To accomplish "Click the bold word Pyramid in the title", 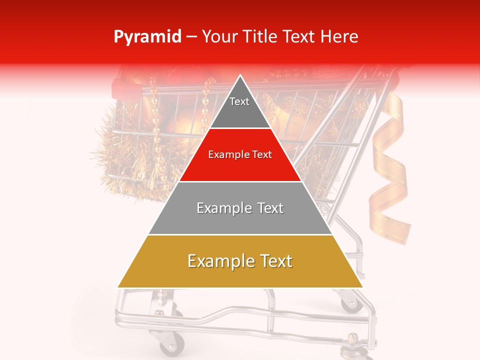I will pos(147,37).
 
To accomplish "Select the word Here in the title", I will pos(339,36).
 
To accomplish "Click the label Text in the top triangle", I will pos(239,101).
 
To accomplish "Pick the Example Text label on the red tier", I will pos(240,155).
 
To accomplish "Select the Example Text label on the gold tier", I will pos(240,261).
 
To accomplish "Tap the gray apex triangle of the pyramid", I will pos(240,110).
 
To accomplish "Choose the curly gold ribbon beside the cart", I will pos(390,165).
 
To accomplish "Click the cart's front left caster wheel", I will pos(171,344).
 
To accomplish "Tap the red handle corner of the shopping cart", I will pos(122,87).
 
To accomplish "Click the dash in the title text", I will pos(191,37).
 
